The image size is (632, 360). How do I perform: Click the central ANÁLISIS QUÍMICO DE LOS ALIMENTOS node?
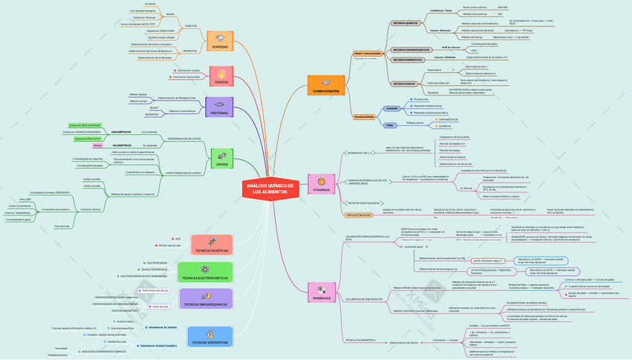(271, 189)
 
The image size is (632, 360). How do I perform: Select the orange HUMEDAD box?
(221, 42)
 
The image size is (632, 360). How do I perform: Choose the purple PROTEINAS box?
(221, 108)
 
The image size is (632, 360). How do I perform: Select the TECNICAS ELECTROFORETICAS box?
(212, 273)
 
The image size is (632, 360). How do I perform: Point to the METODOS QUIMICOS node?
(406, 23)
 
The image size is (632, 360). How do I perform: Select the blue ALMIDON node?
(392, 109)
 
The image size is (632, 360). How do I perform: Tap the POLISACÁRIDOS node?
(364, 117)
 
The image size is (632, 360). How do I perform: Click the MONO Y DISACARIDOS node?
(367, 54)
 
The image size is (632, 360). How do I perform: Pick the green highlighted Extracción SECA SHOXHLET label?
(84, 125)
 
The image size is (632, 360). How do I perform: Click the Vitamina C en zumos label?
(359, 215)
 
